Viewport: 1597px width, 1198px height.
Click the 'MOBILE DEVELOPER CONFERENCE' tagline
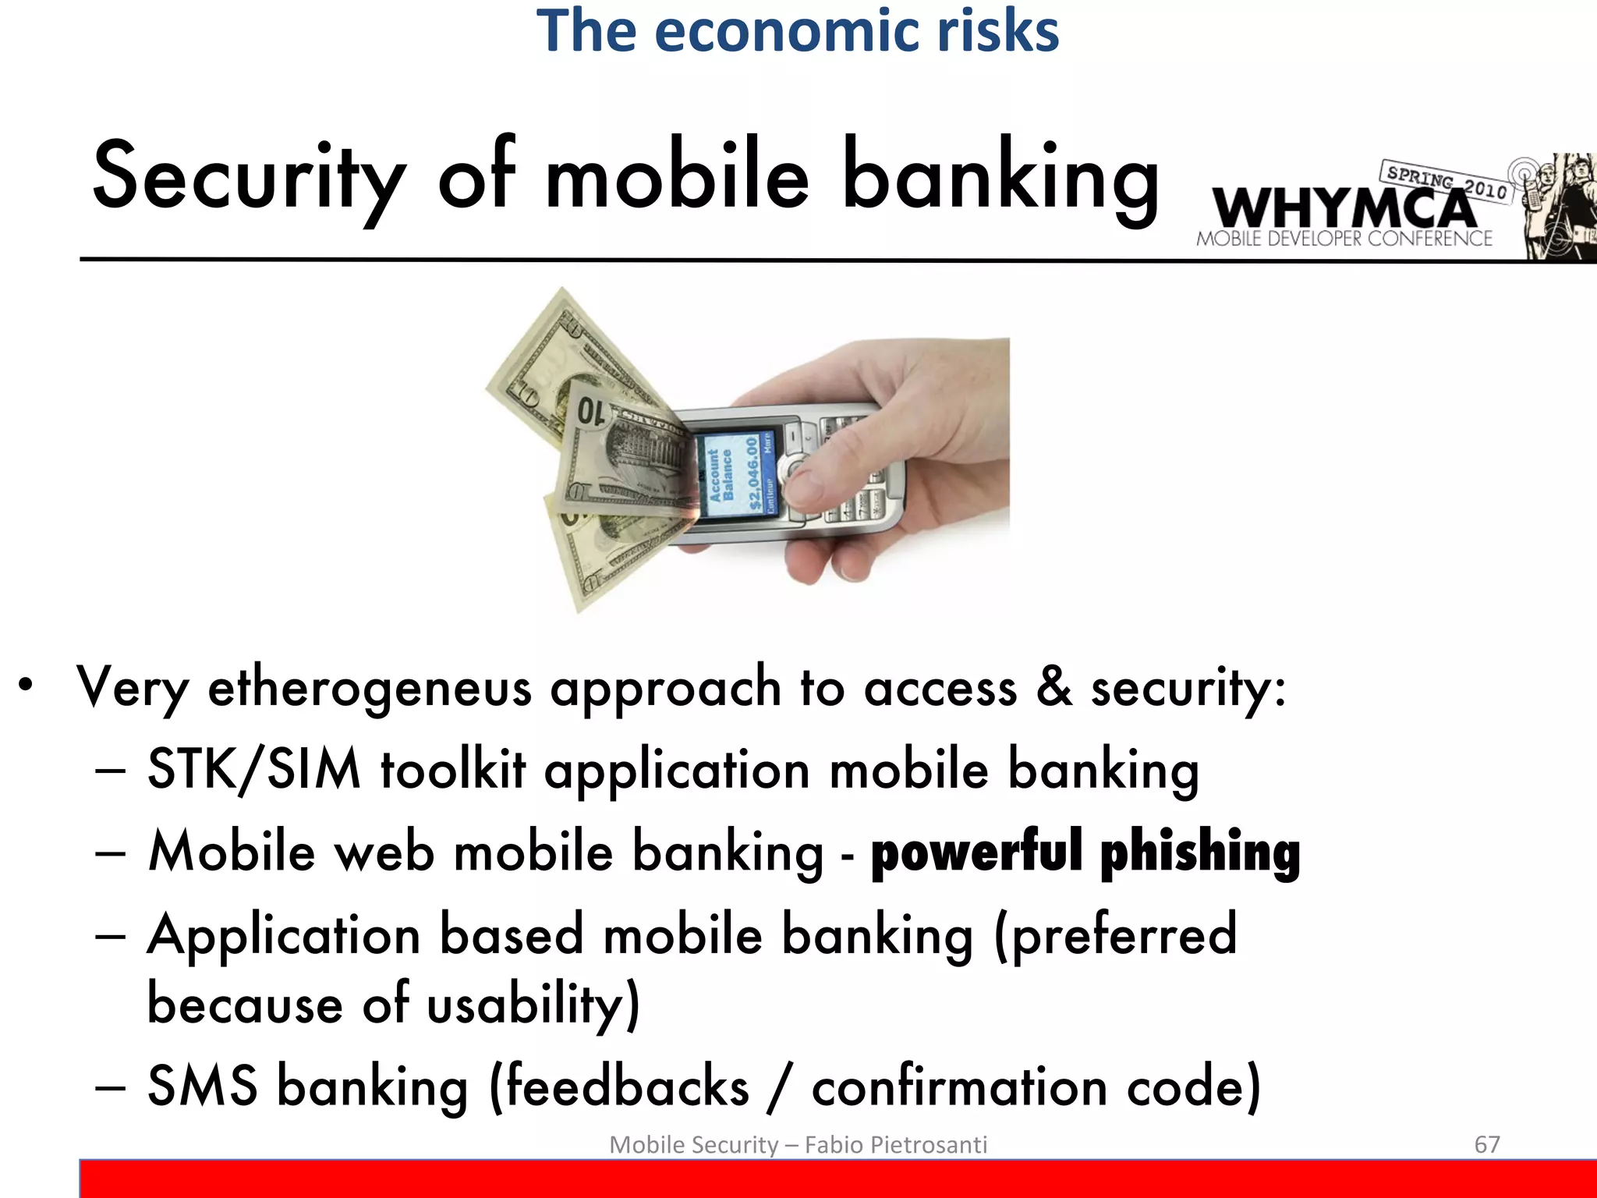coord(1344,239)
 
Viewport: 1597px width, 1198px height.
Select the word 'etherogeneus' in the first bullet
coord(370,689)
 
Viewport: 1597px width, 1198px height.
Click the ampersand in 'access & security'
coord(1053,687)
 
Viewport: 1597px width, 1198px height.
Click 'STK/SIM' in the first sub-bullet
coord(254,770)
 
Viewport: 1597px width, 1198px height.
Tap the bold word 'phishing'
coord(1200,852)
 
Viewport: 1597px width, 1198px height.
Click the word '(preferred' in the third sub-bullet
coord(1116,935)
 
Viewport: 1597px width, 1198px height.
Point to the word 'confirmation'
coord(959,1086)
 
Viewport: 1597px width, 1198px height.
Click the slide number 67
coord(1486,1144)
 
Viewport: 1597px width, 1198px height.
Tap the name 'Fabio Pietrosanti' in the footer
coord(895,1145)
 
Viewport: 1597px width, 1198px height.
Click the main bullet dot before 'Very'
coord(27,686)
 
